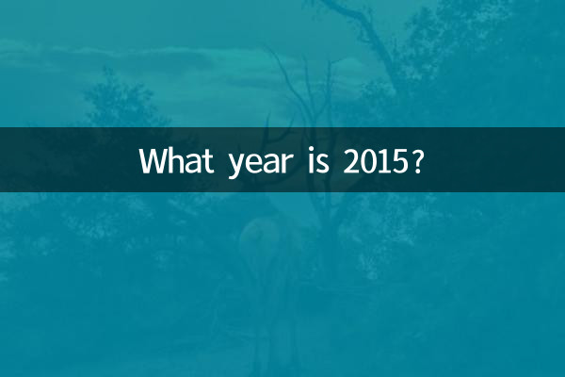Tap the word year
(x=253, y=163)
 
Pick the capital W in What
(x=152, y=161)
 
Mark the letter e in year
(x=249, y=163)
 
